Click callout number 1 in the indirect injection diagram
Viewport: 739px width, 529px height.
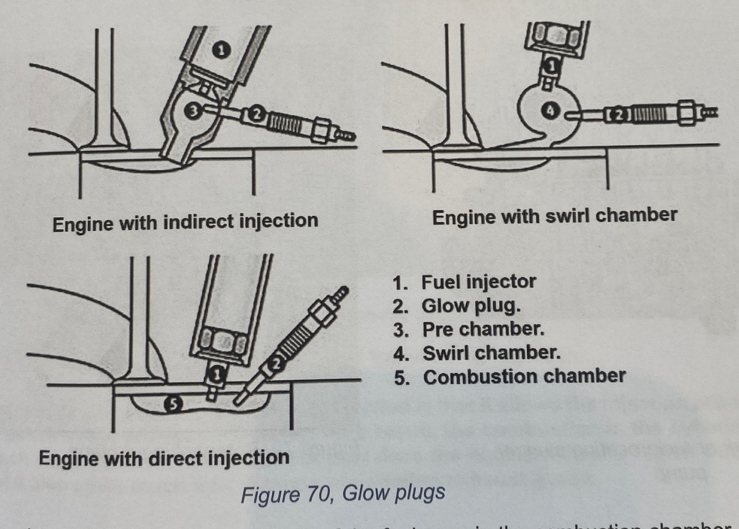[x=220, y=50]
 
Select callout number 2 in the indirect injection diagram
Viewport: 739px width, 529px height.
[x=256, y=114]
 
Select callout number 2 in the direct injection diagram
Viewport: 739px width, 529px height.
[x=275, y=363]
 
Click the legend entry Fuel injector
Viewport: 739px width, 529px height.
[x=478, y=282]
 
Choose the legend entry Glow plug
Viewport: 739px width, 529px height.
[x=471, y=306]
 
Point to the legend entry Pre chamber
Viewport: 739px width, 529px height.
[x=483, y=329]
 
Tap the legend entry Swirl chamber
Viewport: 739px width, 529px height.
[x=491, y=353]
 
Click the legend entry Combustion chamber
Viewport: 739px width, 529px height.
[x=524, y=377]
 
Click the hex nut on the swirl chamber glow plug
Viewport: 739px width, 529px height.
[x=686, y=114]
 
